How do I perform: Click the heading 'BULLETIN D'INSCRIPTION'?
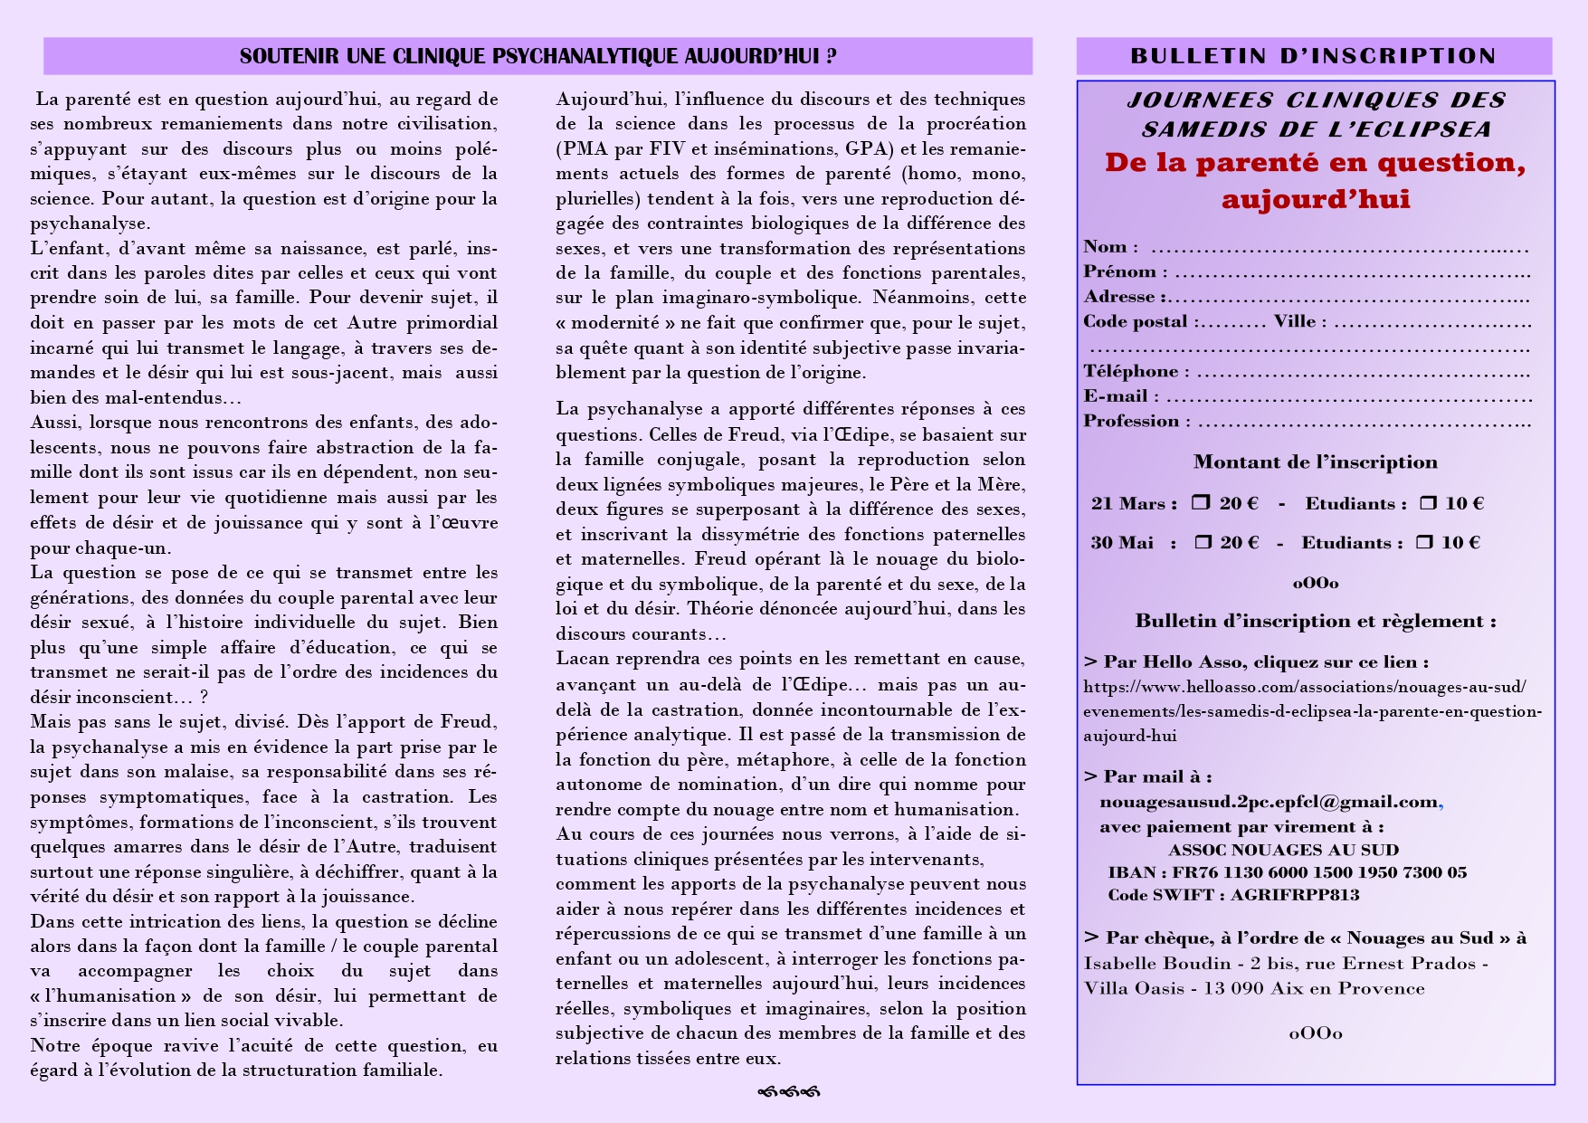[1313, 56]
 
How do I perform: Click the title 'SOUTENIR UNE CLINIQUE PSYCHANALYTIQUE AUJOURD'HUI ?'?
[537, 56]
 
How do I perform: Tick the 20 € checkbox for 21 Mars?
[1201, 502]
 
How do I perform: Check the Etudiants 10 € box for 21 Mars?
[1428, 502]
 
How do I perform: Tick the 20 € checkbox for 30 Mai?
[1203, 542]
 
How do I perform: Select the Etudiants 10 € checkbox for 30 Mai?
[1424, 542]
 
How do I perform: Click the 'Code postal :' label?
[1142, 321]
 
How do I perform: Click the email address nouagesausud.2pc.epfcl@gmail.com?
[1269, 802]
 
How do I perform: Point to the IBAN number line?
[1287, 872]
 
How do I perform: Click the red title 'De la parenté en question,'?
[1315, 163]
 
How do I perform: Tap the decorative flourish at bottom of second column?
[788, 1092]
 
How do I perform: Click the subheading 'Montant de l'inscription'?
[1315, 462]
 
